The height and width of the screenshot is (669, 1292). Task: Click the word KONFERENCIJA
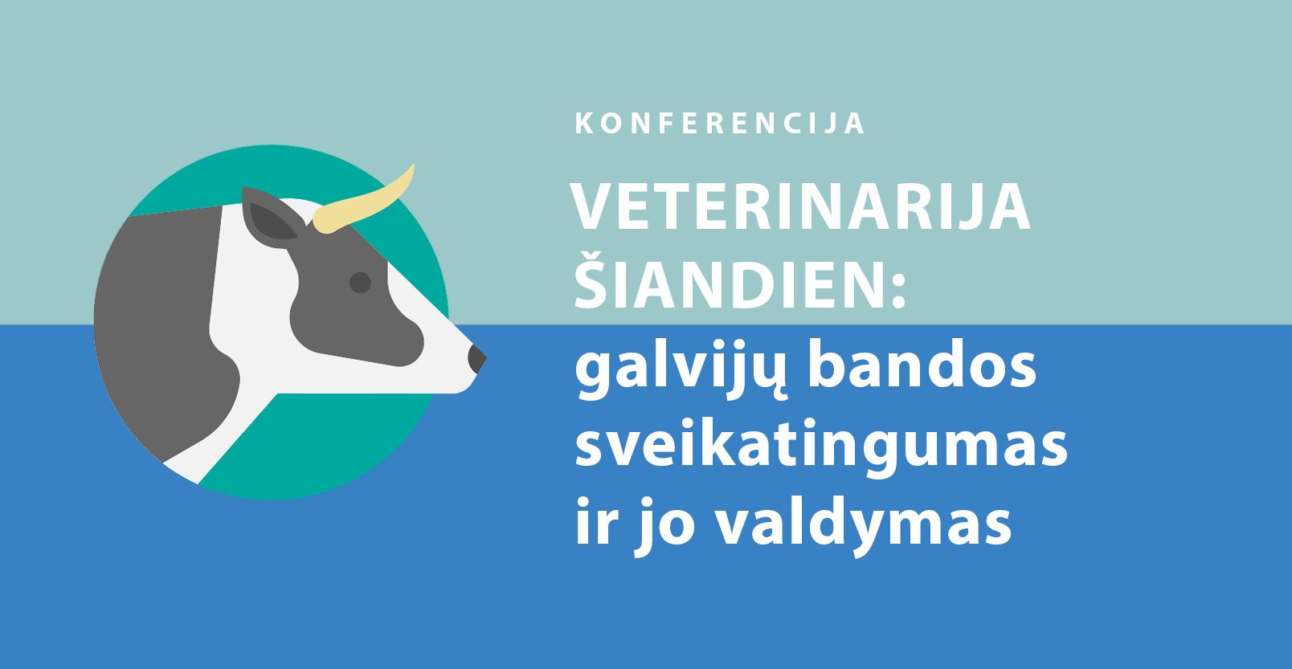point(720,124)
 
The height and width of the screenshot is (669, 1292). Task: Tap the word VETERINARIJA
point(800,207)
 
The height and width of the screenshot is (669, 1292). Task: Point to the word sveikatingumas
point(821,449)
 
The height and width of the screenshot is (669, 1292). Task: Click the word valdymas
point(864,524)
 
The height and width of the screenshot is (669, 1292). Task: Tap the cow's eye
point(360,283)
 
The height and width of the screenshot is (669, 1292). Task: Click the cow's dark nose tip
point(476,359)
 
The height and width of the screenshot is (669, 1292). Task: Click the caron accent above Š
point(592,255)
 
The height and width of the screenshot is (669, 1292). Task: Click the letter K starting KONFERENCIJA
point(584,124)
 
